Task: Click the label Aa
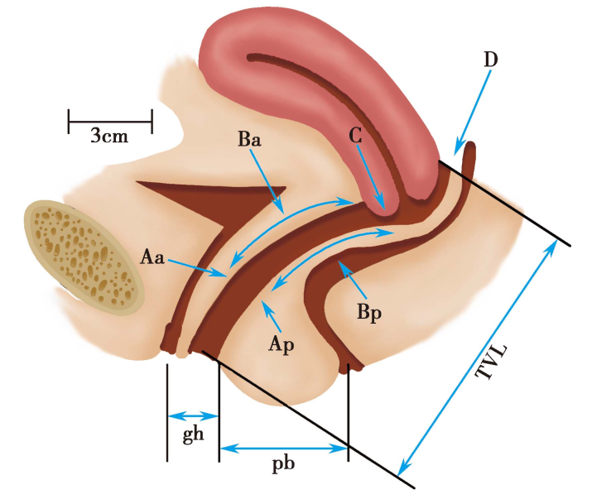coord(152,259)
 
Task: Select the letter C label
coord(357,137)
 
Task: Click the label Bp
coord(369,314)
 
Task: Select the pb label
coord(283,464)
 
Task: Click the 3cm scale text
coord(109,137)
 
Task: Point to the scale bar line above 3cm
coord(110,120)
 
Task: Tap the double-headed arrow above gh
coord(193,416)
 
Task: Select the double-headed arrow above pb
coord(283,448)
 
